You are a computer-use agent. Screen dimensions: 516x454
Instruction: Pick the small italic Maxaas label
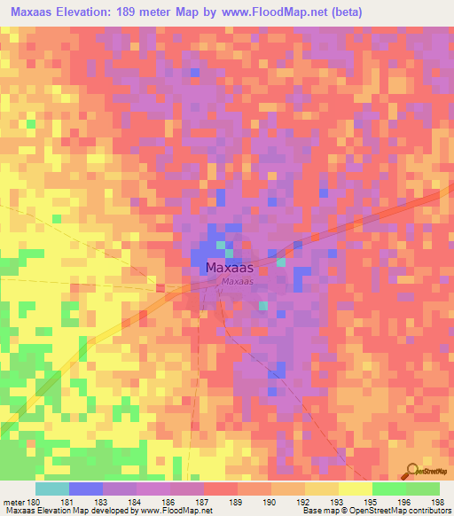238,282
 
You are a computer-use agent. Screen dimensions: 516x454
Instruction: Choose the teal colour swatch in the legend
52,489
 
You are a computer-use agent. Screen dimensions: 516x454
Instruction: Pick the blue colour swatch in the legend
86,489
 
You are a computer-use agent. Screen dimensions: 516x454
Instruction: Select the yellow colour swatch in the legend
355,489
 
